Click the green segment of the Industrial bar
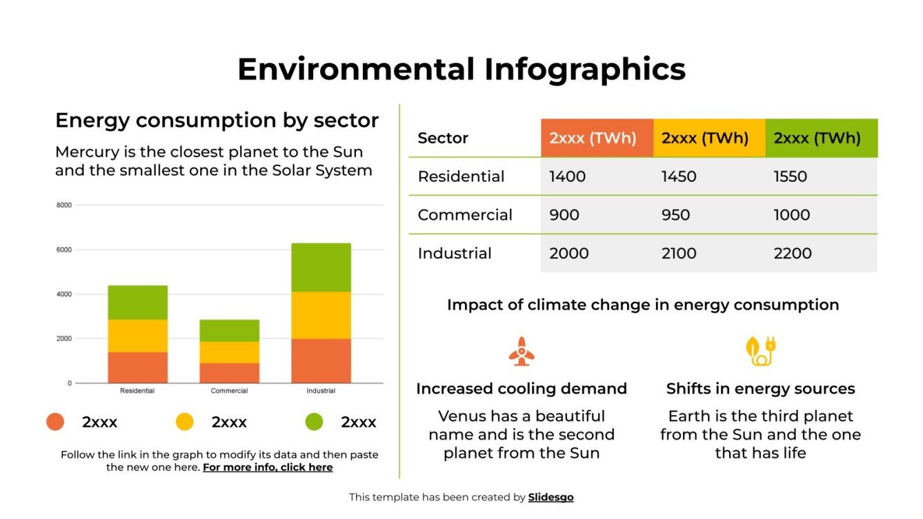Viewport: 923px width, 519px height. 321,267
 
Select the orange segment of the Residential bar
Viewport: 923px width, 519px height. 137,367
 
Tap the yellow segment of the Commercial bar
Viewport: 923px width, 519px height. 229,352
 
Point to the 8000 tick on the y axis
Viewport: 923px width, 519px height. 63,205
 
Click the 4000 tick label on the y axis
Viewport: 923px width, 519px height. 63,294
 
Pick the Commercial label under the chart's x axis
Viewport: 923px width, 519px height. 229,391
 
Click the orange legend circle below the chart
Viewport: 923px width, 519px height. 55,422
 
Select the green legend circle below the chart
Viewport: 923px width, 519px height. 314,422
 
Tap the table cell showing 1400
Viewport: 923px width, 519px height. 568,176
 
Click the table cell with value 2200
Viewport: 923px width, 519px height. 793,253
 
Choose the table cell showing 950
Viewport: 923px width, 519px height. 675,215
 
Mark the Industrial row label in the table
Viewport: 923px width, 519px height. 455,253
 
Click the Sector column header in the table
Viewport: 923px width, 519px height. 443,138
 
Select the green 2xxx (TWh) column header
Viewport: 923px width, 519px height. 817,138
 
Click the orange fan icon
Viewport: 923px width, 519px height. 522,351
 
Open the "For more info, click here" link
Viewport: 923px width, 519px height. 268,467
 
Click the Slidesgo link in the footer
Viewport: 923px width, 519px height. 550,497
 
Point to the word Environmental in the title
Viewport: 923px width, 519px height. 356,70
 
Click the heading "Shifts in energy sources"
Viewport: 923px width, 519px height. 760,389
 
